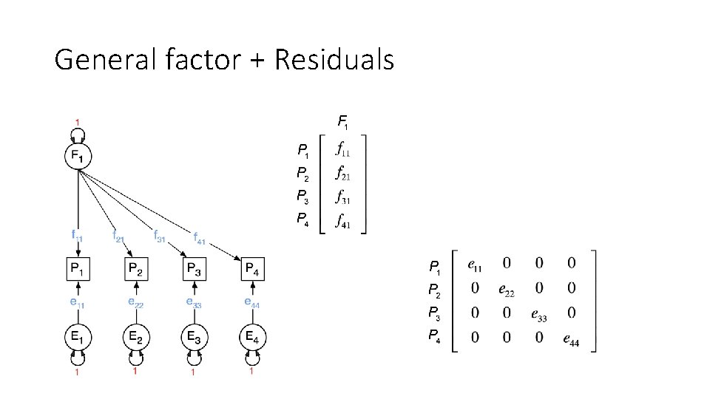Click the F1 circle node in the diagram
78,157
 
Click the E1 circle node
78,338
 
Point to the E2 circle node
136,338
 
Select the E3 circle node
194,338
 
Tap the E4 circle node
252,338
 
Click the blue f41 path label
201,238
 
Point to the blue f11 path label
78,236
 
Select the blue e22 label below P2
136,302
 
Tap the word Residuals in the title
334,60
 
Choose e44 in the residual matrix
571,340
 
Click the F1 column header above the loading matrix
343,120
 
